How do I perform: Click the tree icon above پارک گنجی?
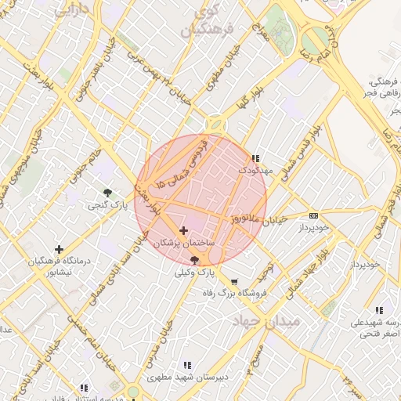(x=107, y=192)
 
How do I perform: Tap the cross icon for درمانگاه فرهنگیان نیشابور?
(x=59, y=250)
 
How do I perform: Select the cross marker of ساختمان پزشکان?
(x=184, y=230)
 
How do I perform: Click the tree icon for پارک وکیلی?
(x=194, y=259)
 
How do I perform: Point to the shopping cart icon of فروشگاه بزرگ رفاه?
(x=234, y=281)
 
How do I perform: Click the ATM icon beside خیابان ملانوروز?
(x=314, y=215)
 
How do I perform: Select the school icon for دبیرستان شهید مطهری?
(x=186, y=365)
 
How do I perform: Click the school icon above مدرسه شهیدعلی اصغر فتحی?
(x=380, y=309)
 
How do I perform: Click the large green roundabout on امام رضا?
(x=316, y=39)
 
